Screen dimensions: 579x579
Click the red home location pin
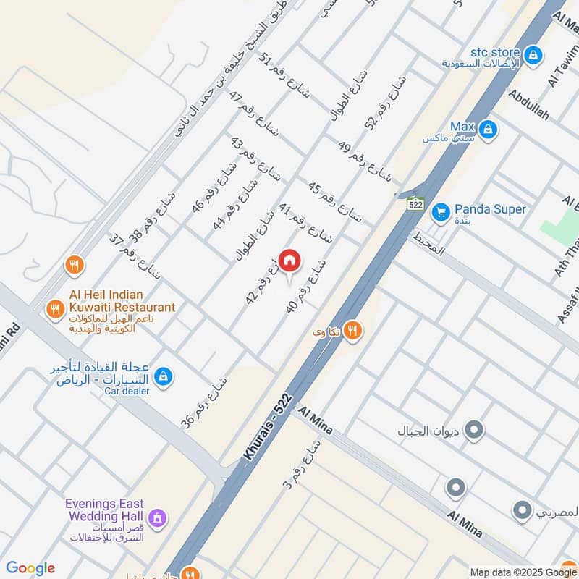pos(289,261)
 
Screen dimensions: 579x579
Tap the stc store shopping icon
pos(533,54)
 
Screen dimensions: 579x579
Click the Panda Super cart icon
pos(440,213)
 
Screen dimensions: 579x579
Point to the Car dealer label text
pos(126,391)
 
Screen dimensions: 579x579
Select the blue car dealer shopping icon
pos(164,376)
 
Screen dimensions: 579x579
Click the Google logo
pos(30,568)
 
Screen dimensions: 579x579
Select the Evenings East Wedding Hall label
pos(105,510)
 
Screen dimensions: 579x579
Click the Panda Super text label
pos(490,209)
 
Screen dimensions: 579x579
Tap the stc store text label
pos(495,52)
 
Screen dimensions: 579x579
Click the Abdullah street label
pos(529,105)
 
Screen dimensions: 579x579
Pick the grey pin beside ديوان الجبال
pos(475,431)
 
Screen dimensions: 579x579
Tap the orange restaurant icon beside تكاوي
pos(352,331)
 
